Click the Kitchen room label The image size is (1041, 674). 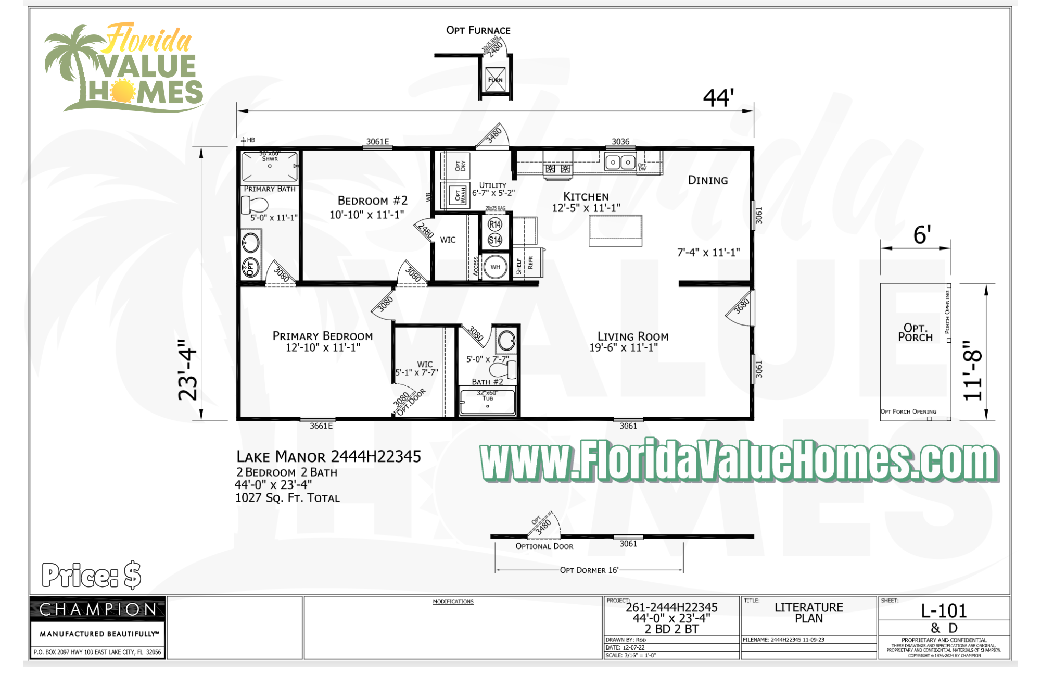[x=586, y=196]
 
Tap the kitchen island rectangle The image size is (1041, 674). [x=615, y=230]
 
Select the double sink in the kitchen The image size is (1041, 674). [x=620, y=163]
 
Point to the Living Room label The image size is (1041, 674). [x=632, y=336]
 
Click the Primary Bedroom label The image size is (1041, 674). [x=323, y=336]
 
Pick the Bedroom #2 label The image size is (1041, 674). [x=372, y=201]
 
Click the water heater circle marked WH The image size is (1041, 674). [x=495, y=267]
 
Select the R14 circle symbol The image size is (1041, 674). [x=495, y=224]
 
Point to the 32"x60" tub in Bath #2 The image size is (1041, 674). [x=487, y=403]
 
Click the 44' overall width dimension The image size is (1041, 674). [x=718, y=97]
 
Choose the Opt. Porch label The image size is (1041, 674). [x=915, y=332]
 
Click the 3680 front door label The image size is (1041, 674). [x=741, y=306]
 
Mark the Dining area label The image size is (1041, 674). [x=708, y=180]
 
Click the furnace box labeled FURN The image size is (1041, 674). [x=495, y=80]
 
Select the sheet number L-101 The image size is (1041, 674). [x=944, y=610]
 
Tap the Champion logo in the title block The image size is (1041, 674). [x=98, y=609]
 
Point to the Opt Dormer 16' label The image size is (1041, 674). [x=589, y=570]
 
